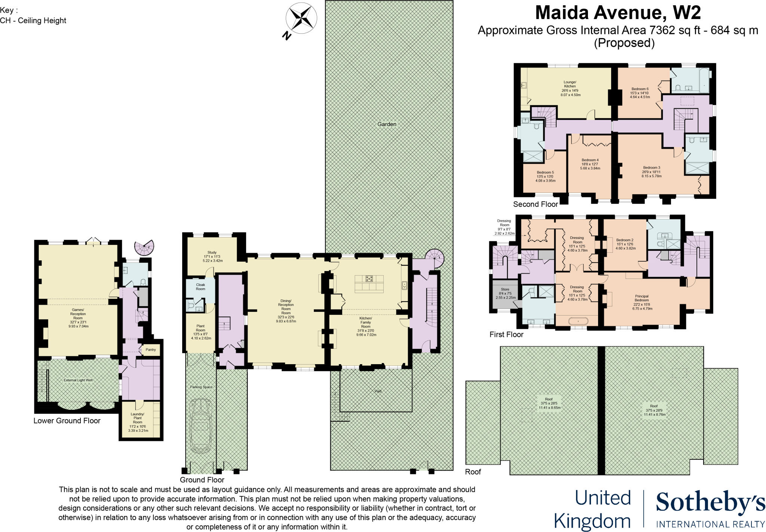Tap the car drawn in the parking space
200,425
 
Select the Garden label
386,124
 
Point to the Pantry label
151,350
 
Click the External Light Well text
78,380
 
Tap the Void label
378,391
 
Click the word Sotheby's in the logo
710,503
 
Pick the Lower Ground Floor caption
67,421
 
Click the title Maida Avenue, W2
618,13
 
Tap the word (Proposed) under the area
624,43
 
